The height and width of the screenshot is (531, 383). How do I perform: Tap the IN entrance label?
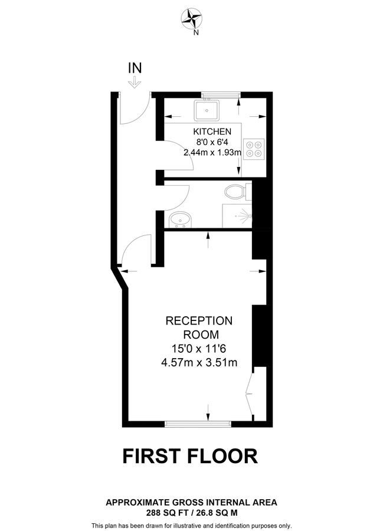[x=135, y=68]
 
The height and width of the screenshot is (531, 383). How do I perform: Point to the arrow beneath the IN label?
[x=135, y=82]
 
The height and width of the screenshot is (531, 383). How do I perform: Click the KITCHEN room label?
[x=212, y=131]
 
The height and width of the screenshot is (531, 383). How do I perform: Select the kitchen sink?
[x=207, y=110]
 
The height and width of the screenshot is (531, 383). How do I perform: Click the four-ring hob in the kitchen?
[x=254, y=147]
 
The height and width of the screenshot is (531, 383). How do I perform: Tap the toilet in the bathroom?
[x=235, y=191]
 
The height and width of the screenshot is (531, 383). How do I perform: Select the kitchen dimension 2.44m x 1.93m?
[x=212, y=152]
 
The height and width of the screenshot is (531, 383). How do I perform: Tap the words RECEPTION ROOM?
[x=199, y=327]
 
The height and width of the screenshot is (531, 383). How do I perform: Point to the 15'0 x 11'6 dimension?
[x=199, y=349]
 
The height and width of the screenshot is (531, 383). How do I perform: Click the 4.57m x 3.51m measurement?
[x=199, y=362]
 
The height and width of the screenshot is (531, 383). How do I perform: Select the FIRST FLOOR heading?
[x=190, y=456]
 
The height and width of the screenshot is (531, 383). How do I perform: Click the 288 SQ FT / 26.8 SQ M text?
[x=191, y=513]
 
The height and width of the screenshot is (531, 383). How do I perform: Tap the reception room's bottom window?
[x=198, y=423]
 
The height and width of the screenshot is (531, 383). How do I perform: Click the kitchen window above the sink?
[x=220, y=94]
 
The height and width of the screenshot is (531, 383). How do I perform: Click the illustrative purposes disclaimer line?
[x=191, y=525]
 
